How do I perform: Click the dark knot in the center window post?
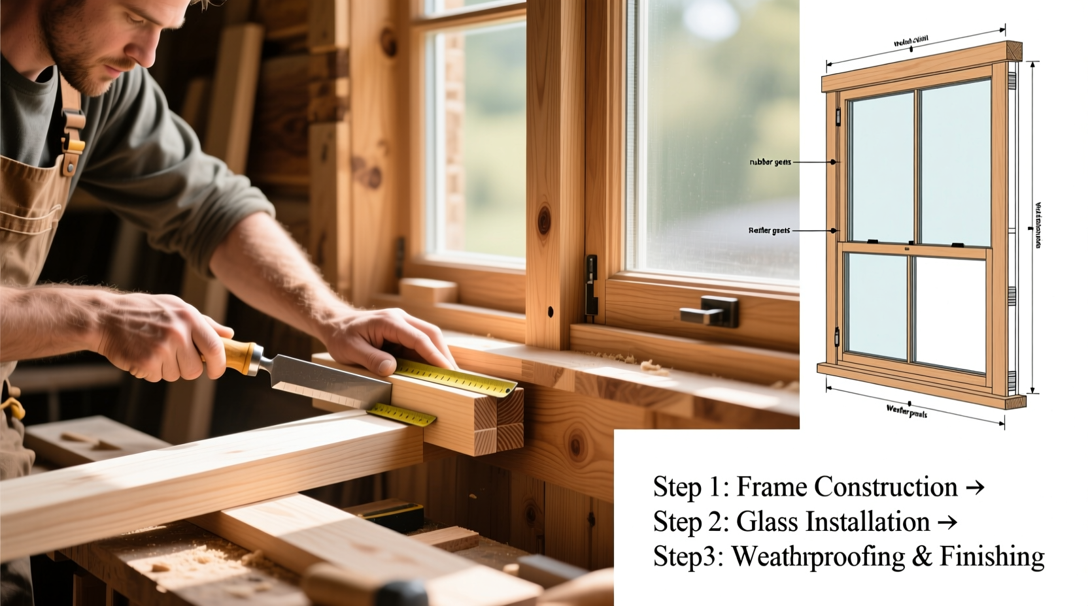click(544, 220)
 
